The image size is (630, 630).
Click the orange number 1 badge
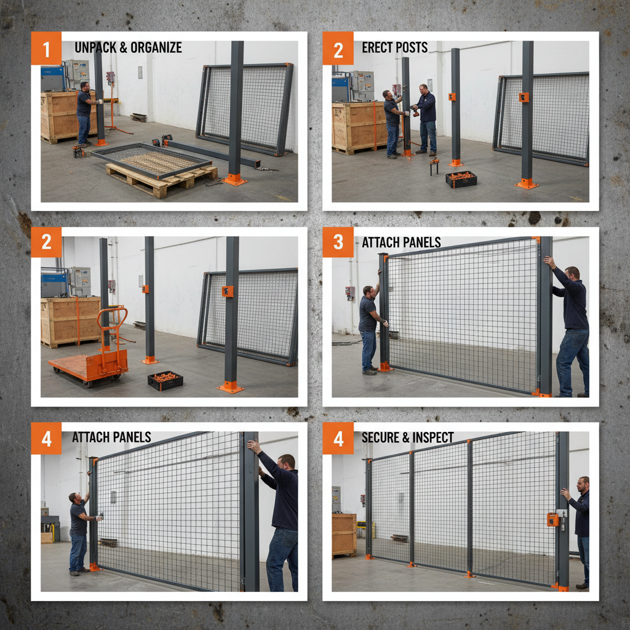coord(46,48)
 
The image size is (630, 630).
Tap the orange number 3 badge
coord(338,242)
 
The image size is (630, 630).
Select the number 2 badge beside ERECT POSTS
coord(338,48)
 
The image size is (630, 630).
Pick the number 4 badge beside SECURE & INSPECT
coord(338,437)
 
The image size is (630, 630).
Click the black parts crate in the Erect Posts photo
coord(461,179)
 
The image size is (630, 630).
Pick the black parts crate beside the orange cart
coord(165,380)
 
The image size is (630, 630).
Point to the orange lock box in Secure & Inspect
coord(553,519)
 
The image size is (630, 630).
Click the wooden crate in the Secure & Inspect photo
coord(344,534)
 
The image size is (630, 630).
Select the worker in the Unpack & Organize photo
coord(84,114)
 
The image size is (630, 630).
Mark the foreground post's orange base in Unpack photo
coord(234,179)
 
